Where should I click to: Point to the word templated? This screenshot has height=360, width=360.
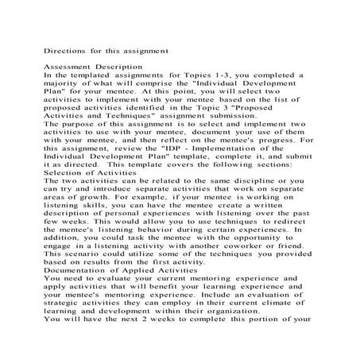[x=83, y=75]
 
